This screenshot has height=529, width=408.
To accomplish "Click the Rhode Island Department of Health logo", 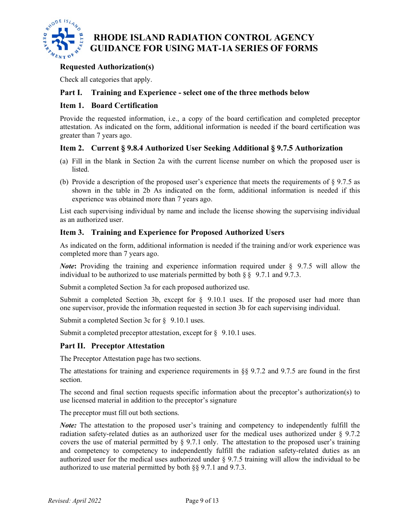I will point(63,39).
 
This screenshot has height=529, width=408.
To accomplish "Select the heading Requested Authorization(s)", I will point(107,67).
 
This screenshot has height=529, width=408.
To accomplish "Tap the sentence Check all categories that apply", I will point(106,80).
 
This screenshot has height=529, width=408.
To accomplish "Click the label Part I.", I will point(71,92).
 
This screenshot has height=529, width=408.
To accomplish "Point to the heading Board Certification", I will point(125,105).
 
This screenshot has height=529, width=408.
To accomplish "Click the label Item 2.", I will point(72,148).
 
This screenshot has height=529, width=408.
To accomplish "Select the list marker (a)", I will point(64,161).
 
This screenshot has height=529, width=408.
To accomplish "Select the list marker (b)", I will point(64,182).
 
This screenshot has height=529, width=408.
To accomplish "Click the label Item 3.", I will point(72,232).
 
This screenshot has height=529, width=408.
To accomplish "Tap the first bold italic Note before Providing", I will point(69,266).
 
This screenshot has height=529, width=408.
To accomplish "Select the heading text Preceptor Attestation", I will point(128,346).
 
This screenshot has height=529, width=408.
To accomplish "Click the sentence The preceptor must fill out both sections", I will point(119,413).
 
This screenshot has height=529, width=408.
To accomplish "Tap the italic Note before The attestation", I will point(68,425).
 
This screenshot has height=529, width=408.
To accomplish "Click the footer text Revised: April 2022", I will point(74,501).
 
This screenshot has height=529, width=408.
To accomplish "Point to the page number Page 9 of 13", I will point(202,501).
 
